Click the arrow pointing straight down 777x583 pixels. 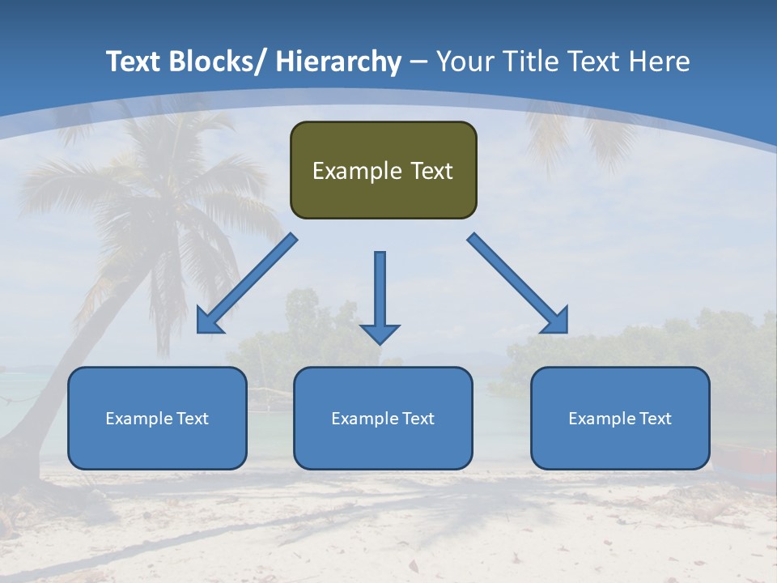pos(380,296)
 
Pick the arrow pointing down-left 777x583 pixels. pos(246,283)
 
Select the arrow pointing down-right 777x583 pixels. pos(518,283)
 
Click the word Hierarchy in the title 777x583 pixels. pos(338,62)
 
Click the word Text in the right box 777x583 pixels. pos(654,419)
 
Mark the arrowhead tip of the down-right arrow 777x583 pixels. pos(567,332)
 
